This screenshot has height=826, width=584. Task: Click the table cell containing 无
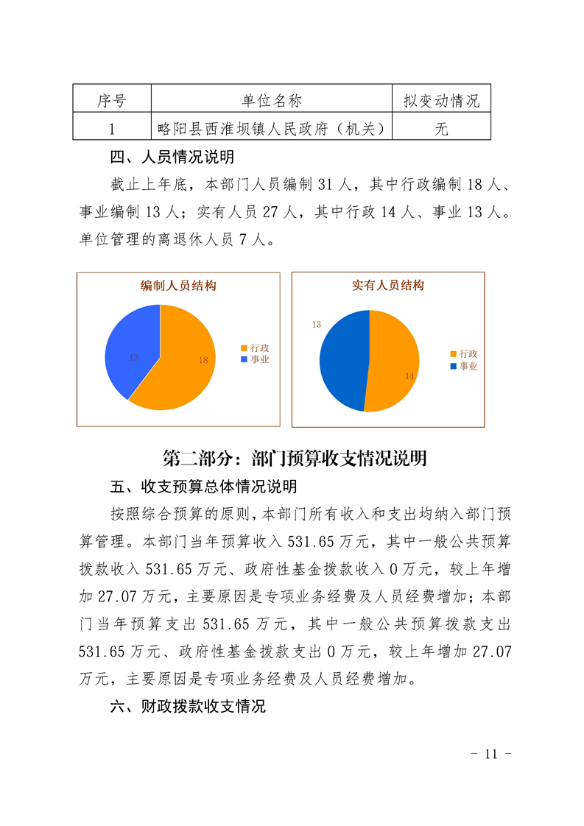tap(441, 129)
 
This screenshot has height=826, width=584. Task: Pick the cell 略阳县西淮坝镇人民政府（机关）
tap(271, 129)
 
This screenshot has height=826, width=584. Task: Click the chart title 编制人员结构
tap(178, 286)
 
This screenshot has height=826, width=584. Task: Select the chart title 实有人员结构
tap(387, 286)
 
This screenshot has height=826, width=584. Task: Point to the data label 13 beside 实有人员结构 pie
tap(317, 324)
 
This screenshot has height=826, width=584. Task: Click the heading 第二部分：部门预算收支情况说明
tap(295, 459)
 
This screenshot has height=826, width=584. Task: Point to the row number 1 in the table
tap(111, 129)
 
